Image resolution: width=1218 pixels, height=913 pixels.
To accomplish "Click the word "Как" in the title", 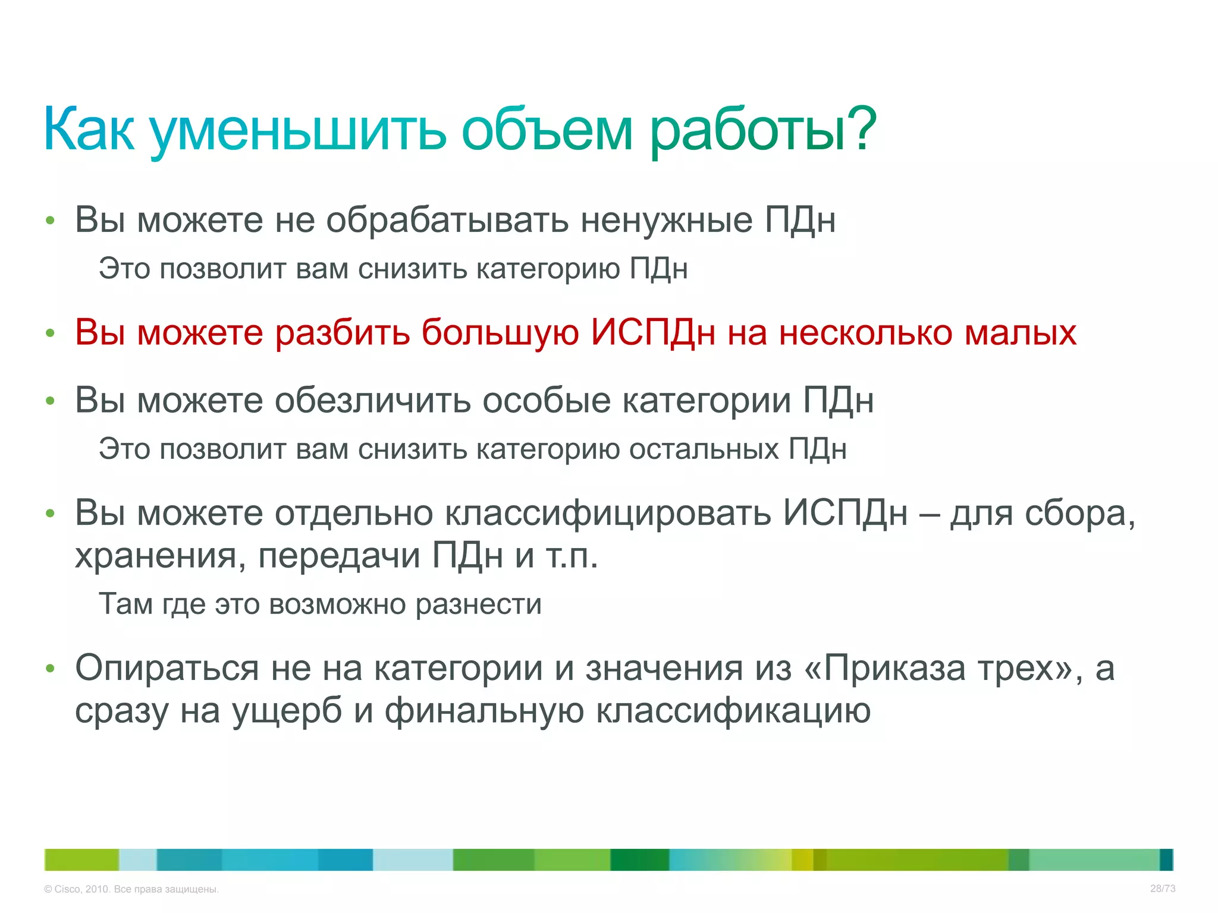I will [89, 129].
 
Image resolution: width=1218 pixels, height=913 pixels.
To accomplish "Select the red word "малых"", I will [1020, 332].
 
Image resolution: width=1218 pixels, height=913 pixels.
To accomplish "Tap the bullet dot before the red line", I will [51, 333].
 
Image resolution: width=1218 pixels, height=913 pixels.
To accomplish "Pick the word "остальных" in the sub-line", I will [704, 449].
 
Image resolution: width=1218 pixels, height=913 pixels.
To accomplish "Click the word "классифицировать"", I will [608, 513].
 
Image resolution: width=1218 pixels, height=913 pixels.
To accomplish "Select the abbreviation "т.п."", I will [572, 556].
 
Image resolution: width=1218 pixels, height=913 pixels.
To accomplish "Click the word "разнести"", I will [478, 605].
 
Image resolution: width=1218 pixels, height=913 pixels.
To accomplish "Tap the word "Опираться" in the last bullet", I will [167, 669].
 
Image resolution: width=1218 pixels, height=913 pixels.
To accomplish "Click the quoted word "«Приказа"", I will [893, 669].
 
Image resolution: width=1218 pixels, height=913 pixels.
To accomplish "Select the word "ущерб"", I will [287, 711].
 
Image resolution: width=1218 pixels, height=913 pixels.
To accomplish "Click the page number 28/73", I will [1162, 889].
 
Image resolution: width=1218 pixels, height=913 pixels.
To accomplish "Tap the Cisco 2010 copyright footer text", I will [131, 889].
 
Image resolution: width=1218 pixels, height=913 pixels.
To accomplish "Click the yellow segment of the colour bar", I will [802, 860].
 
